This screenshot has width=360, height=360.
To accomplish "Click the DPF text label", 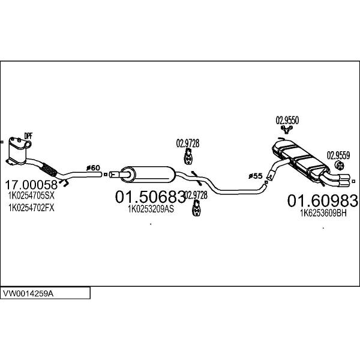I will (x=28, y=135).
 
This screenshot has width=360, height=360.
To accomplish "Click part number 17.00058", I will (x=31, y=184).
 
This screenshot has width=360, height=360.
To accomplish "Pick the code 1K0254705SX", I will (x=31, y=196).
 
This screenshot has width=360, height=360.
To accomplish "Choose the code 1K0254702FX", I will (x=31, y=208).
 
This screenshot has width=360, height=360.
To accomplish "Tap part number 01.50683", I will (x=149, y=197).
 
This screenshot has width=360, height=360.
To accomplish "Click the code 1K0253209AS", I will (x=151, y=209).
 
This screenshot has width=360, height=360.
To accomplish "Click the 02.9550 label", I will (x=287, y=120).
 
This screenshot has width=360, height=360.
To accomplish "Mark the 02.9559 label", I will (x=338, y=155).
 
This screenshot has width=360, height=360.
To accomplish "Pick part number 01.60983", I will (x=323, y=200).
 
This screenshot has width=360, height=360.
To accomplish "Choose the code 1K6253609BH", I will (x=323, y=212).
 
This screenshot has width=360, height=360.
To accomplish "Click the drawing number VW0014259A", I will (x=29, y=294).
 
